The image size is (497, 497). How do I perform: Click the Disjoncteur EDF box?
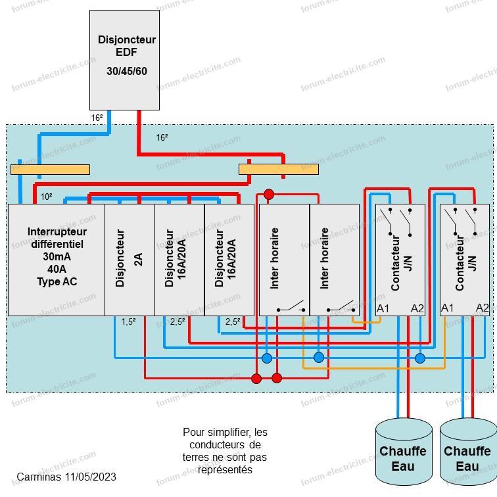click(x=124, y=59)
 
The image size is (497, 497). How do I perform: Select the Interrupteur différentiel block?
click(x=57, y=260)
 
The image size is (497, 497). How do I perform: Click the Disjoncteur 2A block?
click(x=130, y=260)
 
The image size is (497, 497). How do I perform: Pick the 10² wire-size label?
click(x=47, y=197)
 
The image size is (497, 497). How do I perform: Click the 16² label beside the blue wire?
click(x=97, y=118)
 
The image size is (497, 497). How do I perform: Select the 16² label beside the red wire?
click(x=162, y=137)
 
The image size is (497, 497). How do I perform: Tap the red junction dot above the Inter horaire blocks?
click(x=268, y=194)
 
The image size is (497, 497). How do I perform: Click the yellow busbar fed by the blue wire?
click(x=50, y=170)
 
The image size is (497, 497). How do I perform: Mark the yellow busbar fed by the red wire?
click(x=278, y=170)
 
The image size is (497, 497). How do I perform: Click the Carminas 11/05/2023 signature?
click(x=66, y=477)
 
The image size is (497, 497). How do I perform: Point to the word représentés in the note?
click(x=225, y=470)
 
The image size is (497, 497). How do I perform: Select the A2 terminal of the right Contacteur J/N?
click(x=482, y=308)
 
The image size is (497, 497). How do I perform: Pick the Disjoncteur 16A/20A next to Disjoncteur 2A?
click(x=179, y=260)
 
